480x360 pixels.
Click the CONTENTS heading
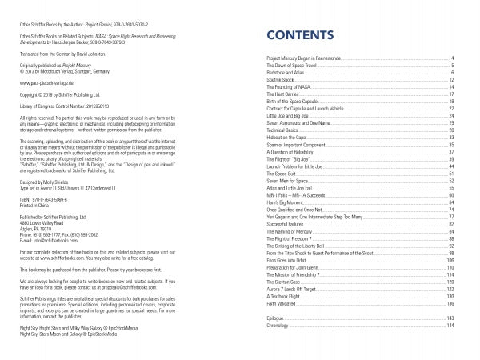300,37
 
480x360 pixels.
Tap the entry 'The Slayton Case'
282,260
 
